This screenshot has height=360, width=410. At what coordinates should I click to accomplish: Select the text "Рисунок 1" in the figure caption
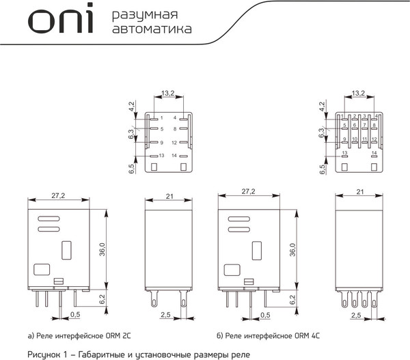[x=50, y=354]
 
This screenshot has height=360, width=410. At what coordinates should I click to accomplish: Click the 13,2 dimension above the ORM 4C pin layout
[x=359, y=93]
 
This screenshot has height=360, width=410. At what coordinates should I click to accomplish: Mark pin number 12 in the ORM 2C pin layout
[x=175, y=142]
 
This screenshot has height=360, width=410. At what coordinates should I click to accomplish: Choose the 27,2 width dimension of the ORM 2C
[x=58, y=195]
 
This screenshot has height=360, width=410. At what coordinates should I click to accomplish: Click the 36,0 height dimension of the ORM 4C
[x=293, y=249]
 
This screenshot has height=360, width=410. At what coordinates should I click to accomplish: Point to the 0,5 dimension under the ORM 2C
[x=75, y=314]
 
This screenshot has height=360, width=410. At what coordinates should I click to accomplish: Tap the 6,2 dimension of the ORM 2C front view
[x=102, y=299]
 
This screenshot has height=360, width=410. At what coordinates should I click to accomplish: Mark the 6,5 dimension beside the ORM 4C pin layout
[x=322, y=168]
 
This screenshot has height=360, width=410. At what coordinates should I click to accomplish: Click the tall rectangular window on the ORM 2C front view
[x=66, y=251]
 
